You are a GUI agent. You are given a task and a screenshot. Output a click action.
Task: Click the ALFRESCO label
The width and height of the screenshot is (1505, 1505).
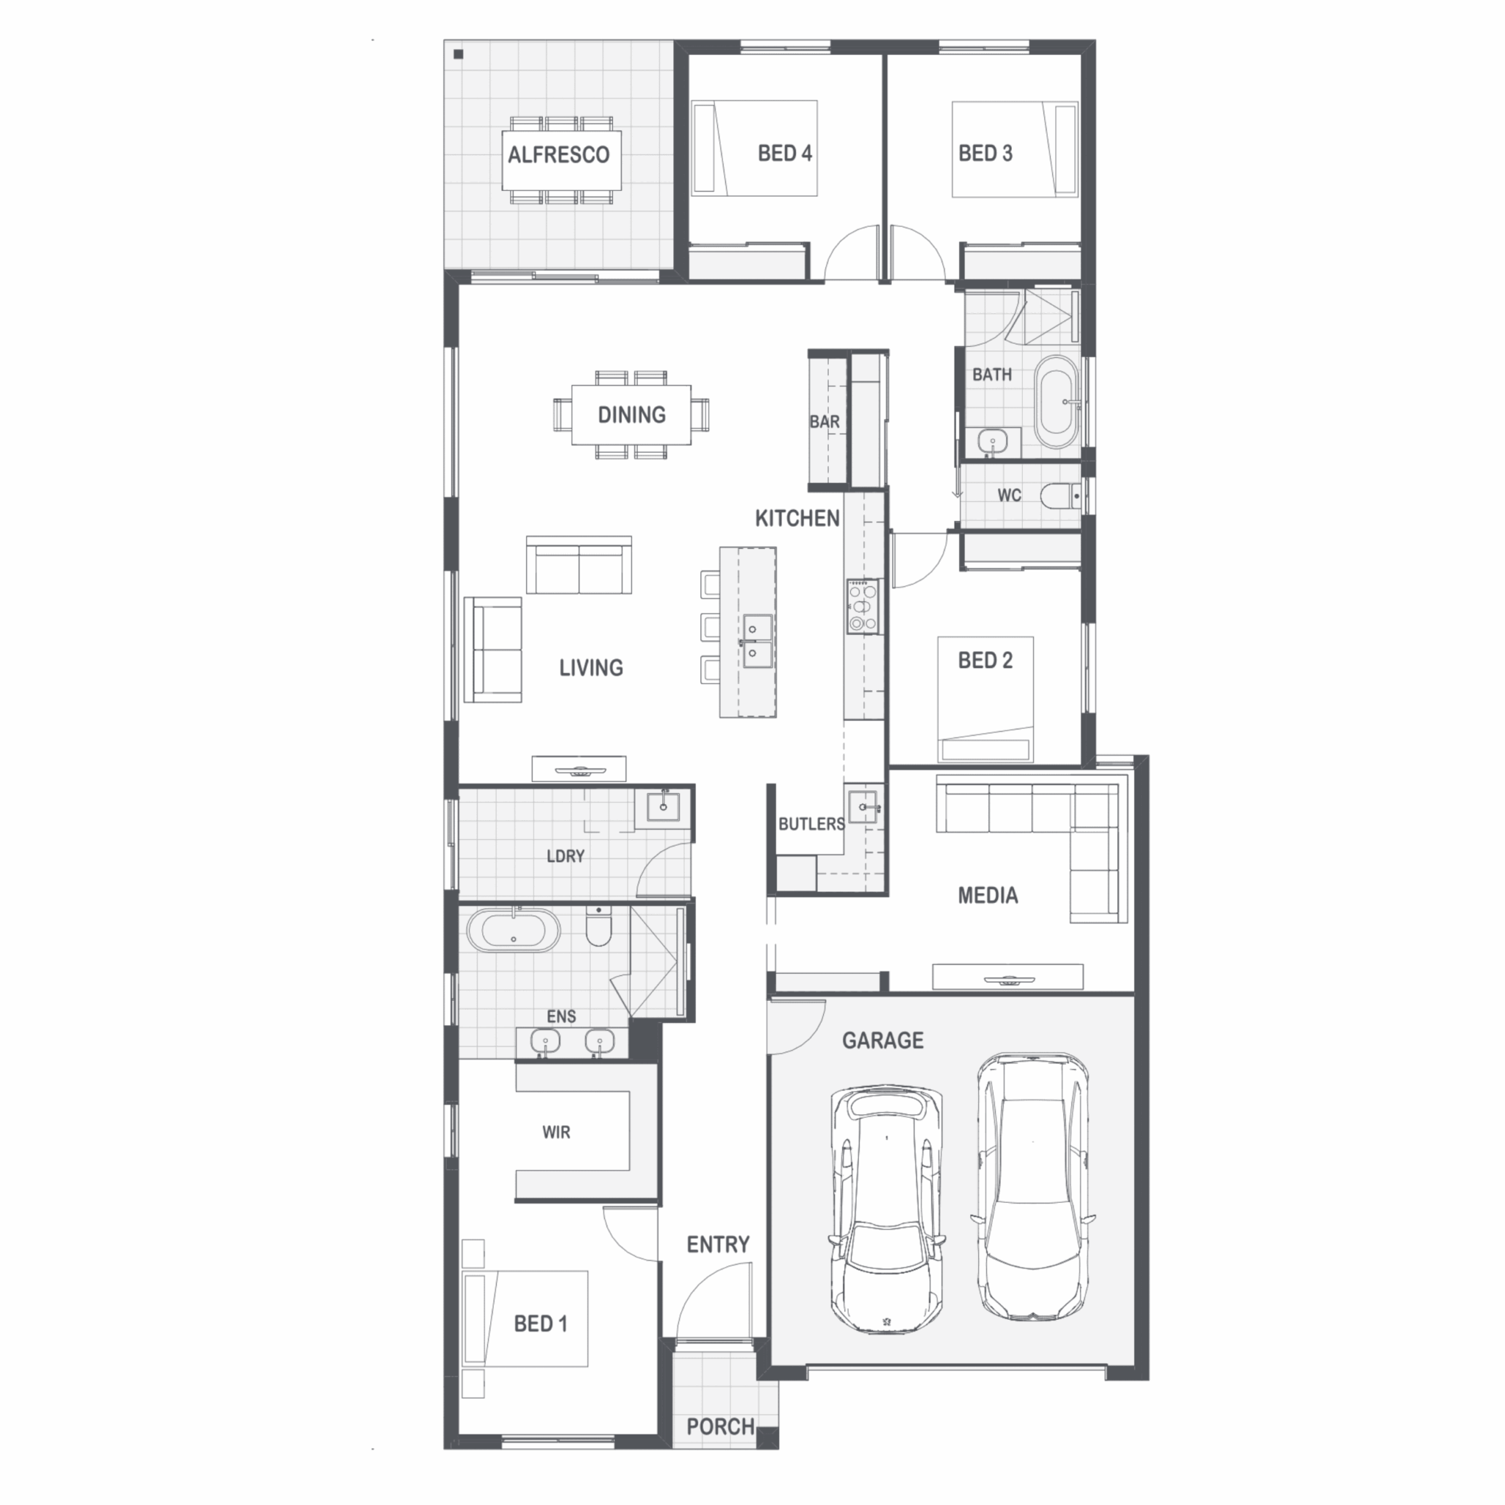click(558, 155)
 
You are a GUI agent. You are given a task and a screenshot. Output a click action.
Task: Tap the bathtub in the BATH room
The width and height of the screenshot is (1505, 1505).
click(1056, 403)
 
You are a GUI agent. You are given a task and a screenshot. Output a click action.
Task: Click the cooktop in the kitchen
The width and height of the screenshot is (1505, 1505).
click(863, 606)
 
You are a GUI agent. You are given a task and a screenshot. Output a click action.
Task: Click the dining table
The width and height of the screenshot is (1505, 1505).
click(631, 414)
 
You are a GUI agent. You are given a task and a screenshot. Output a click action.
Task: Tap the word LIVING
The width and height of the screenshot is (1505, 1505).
click(592, 667)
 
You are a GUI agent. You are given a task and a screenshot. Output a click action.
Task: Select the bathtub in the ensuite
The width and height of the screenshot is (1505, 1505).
click(513, 930)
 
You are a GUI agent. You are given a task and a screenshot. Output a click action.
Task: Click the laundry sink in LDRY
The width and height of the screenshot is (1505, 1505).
click(663, 806)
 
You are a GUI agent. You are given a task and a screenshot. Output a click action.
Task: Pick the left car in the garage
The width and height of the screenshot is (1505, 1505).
click(886, 1210)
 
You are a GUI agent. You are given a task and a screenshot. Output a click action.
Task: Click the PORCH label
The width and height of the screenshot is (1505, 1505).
click(721, 1426)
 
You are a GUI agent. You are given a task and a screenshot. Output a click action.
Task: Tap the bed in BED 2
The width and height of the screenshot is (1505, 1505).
click(985, 699)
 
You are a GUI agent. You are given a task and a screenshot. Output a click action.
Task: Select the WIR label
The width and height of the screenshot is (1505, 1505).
click(556, 1132)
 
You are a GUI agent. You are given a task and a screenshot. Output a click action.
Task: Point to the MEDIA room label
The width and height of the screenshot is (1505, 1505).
click(988, 895)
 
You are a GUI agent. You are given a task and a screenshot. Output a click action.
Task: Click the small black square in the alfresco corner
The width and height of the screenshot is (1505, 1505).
click(459, 54)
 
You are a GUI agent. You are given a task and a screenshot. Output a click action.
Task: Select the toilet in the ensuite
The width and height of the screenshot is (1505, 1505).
click(598, 924)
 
